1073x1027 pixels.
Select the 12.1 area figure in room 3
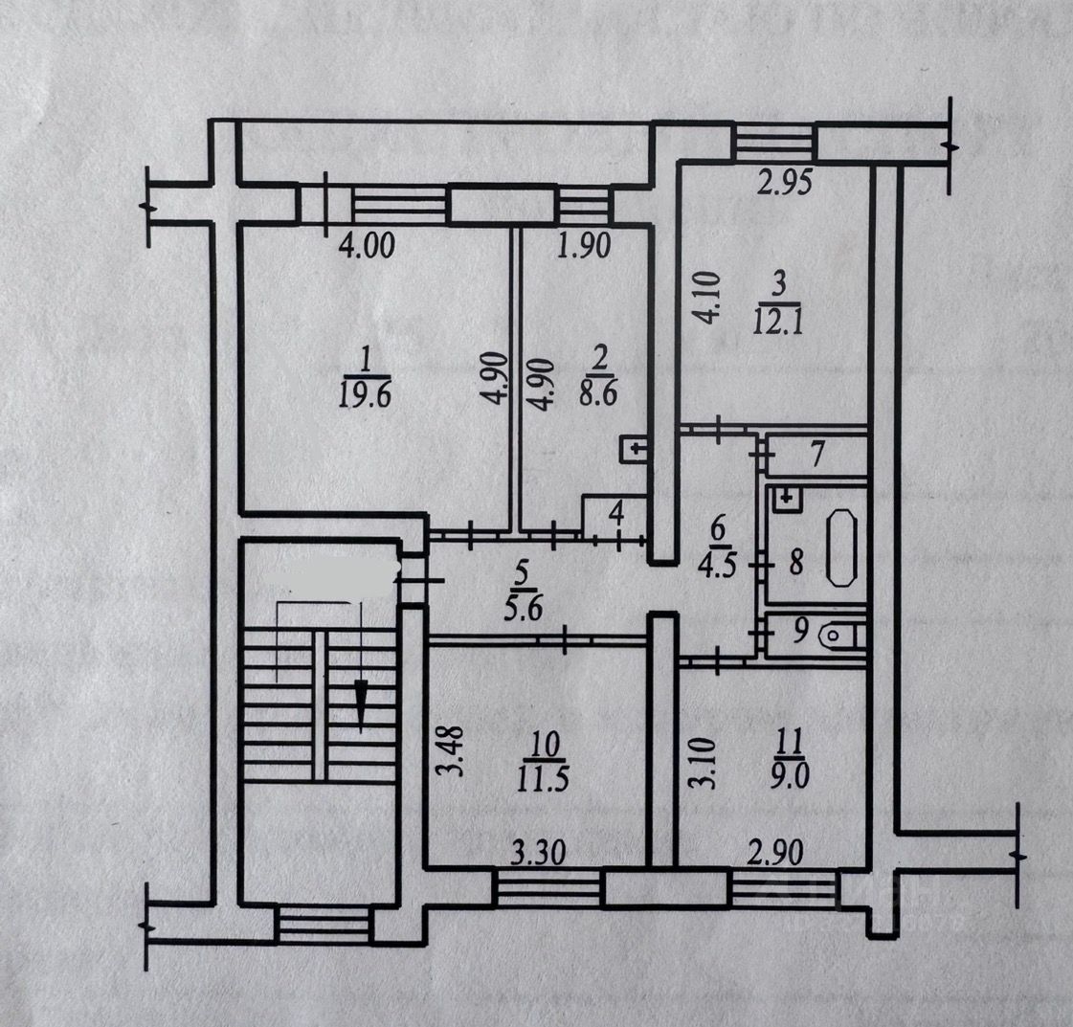tap(778, 321)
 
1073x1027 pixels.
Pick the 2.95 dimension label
tap(785, 182)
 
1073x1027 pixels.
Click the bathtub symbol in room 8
tap(842, 547)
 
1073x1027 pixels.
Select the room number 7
tap(816, 456)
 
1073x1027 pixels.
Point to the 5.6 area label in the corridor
tap(522, 607)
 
